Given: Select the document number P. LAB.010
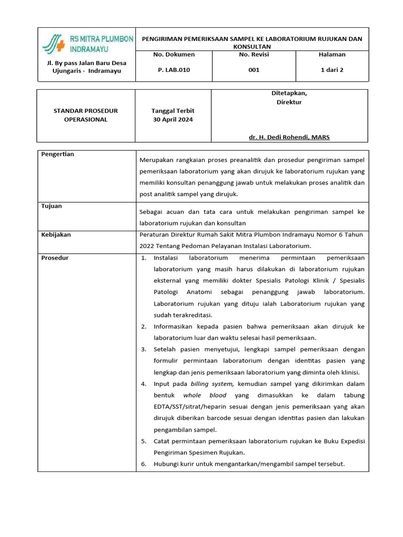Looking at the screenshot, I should tap(174, 70).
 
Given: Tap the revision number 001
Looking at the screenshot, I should tap(253, 70).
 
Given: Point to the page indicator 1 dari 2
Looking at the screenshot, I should tap(332, 70).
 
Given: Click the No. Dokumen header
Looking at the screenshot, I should tap(174, 55).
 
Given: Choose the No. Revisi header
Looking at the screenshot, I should tap(253, 55).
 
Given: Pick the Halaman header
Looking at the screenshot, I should tap(332, 55).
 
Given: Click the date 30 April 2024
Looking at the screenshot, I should tap(173, 120).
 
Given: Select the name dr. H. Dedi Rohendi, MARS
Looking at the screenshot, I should tap(289, 137).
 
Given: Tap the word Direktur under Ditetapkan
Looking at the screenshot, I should tap(289, 102).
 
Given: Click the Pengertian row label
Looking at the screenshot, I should tap(58, 154).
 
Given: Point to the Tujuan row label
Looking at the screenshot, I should tap(51, 206).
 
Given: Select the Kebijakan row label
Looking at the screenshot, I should tap(56, 235).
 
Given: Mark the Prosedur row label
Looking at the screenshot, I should tap(55, 258).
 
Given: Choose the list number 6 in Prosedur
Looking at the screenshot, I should tap(144, 464).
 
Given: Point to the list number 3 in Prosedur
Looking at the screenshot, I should tap(144, 349).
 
